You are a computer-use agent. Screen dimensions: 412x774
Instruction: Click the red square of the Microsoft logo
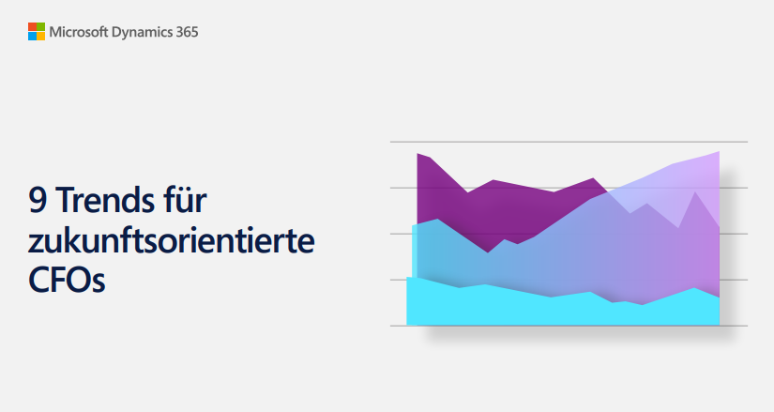point(31,27)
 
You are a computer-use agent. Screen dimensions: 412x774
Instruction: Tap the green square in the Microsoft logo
point(39,27)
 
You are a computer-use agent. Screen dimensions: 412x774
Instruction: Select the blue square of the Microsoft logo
point(31,36)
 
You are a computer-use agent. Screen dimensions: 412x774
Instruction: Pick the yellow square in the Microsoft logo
point(39,36)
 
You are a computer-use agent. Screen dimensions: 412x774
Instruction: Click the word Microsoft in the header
point(80,32)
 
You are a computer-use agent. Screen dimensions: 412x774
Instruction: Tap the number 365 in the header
point(187,32)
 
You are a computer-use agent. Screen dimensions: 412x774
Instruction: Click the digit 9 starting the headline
point(38,202)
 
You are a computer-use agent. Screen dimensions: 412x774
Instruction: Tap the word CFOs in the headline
point(67,280)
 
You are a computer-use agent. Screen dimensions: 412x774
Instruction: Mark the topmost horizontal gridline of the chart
point(563,143)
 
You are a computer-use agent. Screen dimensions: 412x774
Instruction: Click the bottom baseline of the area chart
point(563,326)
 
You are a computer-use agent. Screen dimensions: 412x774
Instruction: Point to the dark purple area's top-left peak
point(418,154)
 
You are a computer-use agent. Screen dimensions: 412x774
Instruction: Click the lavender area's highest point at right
point(718,153)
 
